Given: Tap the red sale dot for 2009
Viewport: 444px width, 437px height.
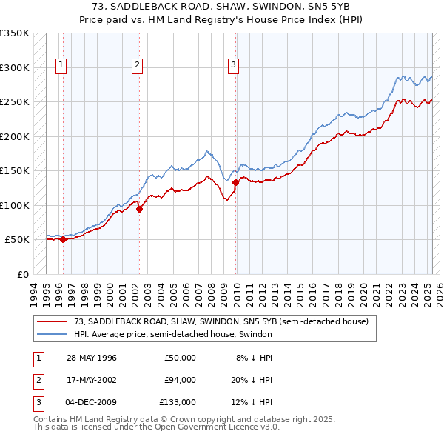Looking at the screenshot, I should (x=235, y=182).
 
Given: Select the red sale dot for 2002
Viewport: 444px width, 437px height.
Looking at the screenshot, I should (x=139, y=209).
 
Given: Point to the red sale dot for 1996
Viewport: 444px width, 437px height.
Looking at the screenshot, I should (x=64, y=239).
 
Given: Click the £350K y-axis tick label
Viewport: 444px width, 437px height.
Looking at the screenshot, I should (x=15, y=33).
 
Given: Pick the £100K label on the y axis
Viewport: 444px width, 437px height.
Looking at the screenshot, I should (x=15, y=205).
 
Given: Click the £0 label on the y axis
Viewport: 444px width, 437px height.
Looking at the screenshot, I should (x=22, y=274).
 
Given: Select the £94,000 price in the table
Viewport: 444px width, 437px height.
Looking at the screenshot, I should (x=180, y=380).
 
